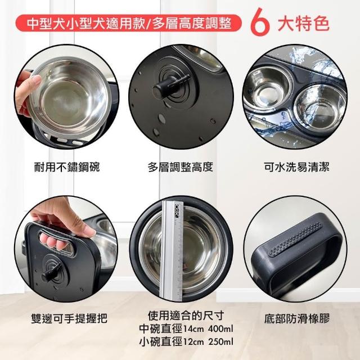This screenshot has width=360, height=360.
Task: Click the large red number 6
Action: (x=260, y=22)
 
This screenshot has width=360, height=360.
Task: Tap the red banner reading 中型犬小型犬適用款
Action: (x=129, y=23)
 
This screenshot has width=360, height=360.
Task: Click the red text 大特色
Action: (x=303, y=23)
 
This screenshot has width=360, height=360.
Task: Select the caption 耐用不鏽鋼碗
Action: (x=67, y=166)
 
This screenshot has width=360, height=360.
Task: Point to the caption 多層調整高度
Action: (x=181, y=166)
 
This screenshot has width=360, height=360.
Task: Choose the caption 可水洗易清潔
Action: (x=296, y=166)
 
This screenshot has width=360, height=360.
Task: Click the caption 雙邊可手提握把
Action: (x=69, y=318)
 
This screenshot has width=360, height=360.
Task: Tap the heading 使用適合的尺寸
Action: (x=186, y=316)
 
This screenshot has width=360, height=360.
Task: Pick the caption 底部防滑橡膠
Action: (x=297, y=318)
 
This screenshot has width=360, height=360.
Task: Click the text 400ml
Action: (x=220, y=328)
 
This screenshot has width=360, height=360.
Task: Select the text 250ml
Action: (x=220, y=341)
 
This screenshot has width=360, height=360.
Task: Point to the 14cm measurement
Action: (x=193, y=328)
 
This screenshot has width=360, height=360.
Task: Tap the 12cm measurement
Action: (x=193, y=341)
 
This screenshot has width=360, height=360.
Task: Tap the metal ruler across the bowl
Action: (x=173, y=250)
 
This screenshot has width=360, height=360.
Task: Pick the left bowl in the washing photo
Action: (x=267, y=88)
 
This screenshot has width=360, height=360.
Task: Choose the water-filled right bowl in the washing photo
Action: (x=319, y=106)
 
